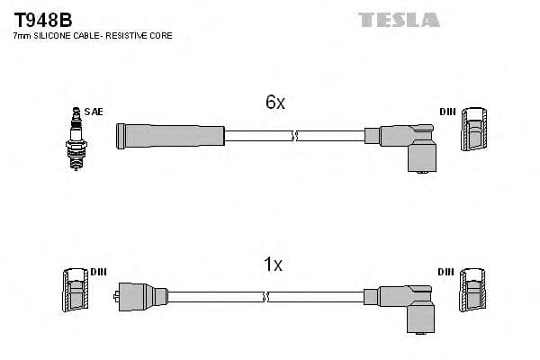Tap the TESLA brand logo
pos(399,19)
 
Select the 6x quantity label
pos(274,103)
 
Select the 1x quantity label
pos(273,265)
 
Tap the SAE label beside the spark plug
pos(95,112)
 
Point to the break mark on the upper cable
pos(293,137)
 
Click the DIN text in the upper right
pos(447,112)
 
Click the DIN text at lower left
pos(98,272)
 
